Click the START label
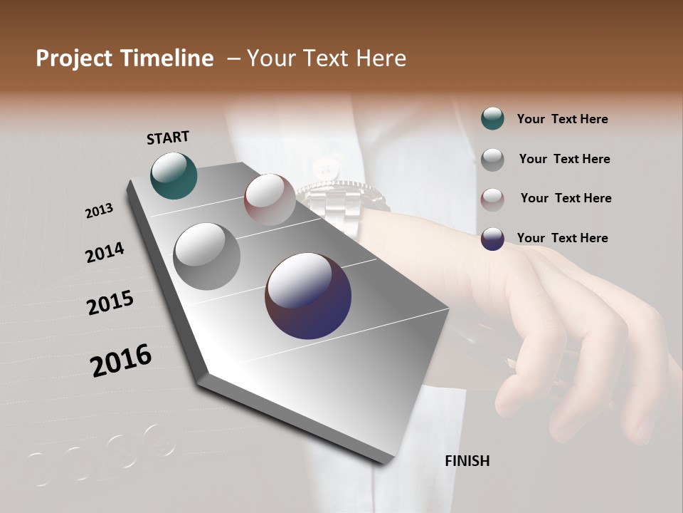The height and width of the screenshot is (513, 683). (168, 138)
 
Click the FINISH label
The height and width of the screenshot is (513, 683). (467, 461)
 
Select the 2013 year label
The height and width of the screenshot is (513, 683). (99, 211)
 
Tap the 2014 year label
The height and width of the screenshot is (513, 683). (105, 253)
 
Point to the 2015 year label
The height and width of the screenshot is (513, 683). (110, 303)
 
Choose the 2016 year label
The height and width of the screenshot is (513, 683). (121, 361)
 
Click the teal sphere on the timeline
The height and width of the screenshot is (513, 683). (174, 175)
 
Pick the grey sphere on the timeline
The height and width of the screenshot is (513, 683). (207, 256)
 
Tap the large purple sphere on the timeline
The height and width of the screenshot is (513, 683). (308, 296)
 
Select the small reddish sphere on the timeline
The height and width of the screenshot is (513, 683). (270, 199)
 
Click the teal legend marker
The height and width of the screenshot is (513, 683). (492, 119)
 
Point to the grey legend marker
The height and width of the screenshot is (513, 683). (492, 160)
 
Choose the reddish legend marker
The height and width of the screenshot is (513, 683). (492, 199)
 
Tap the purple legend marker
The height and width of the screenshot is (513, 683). (492, 239)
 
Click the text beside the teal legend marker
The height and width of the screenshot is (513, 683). (562, 119)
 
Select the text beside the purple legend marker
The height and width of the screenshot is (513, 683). (562, 238)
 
